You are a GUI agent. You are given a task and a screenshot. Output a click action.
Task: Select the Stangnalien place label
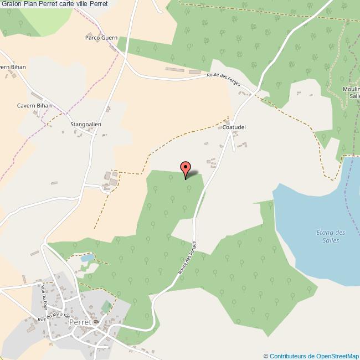(x=86, y=125)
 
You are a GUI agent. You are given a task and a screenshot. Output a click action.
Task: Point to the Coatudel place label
(x=234, y=127)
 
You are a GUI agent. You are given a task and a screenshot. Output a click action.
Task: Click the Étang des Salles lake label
(x=331, y=235)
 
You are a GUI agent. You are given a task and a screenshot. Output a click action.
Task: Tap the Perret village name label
(x=80, y=322)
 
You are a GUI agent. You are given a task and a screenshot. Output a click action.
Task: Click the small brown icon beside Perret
(x=96, y=322)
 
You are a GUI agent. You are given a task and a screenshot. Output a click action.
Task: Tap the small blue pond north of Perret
(x=88, y=258)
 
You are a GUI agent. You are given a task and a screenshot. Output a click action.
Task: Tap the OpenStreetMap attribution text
(x=311, y=356)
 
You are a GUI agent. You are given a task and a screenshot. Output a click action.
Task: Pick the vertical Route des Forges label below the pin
(x=188, y=259)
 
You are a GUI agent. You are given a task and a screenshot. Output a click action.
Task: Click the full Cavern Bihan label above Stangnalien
(x=34, y=105)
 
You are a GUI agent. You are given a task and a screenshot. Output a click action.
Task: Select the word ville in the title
(x=86, y=5)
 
